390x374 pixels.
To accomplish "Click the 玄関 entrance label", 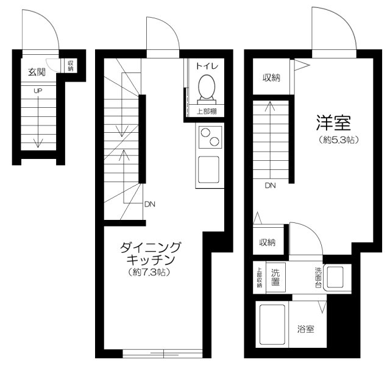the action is [x=37, y=72].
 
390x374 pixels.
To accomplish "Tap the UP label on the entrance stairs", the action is [x=38, y=91].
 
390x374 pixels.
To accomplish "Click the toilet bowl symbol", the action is [x=207, y=90].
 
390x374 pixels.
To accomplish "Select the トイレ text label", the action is [x=207, y=66].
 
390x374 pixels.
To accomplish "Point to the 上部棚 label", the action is [x=207, y=111].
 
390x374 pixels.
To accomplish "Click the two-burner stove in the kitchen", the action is [x=210, y=137].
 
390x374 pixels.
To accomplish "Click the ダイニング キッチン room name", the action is [x=151, y=253].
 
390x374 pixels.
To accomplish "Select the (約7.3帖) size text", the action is [x=149, y=272].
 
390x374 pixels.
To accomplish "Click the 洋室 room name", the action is [x=333, y=123].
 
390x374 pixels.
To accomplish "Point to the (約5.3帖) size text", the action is [x=339, y=140].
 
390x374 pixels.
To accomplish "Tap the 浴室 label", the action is [x=306, y=329].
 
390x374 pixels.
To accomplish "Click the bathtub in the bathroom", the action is [x=272, y=325].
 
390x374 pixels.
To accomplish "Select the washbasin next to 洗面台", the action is [x=335, y=277].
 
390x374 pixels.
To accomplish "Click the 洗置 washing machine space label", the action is [x=275, y=278].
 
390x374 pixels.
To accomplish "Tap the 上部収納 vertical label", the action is [x=260, y=278].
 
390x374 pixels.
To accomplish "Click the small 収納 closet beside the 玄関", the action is [x=71, y=66].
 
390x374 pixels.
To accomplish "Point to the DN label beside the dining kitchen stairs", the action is [x=150, y=205].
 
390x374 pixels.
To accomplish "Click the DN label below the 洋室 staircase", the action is [x=270, y=186].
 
